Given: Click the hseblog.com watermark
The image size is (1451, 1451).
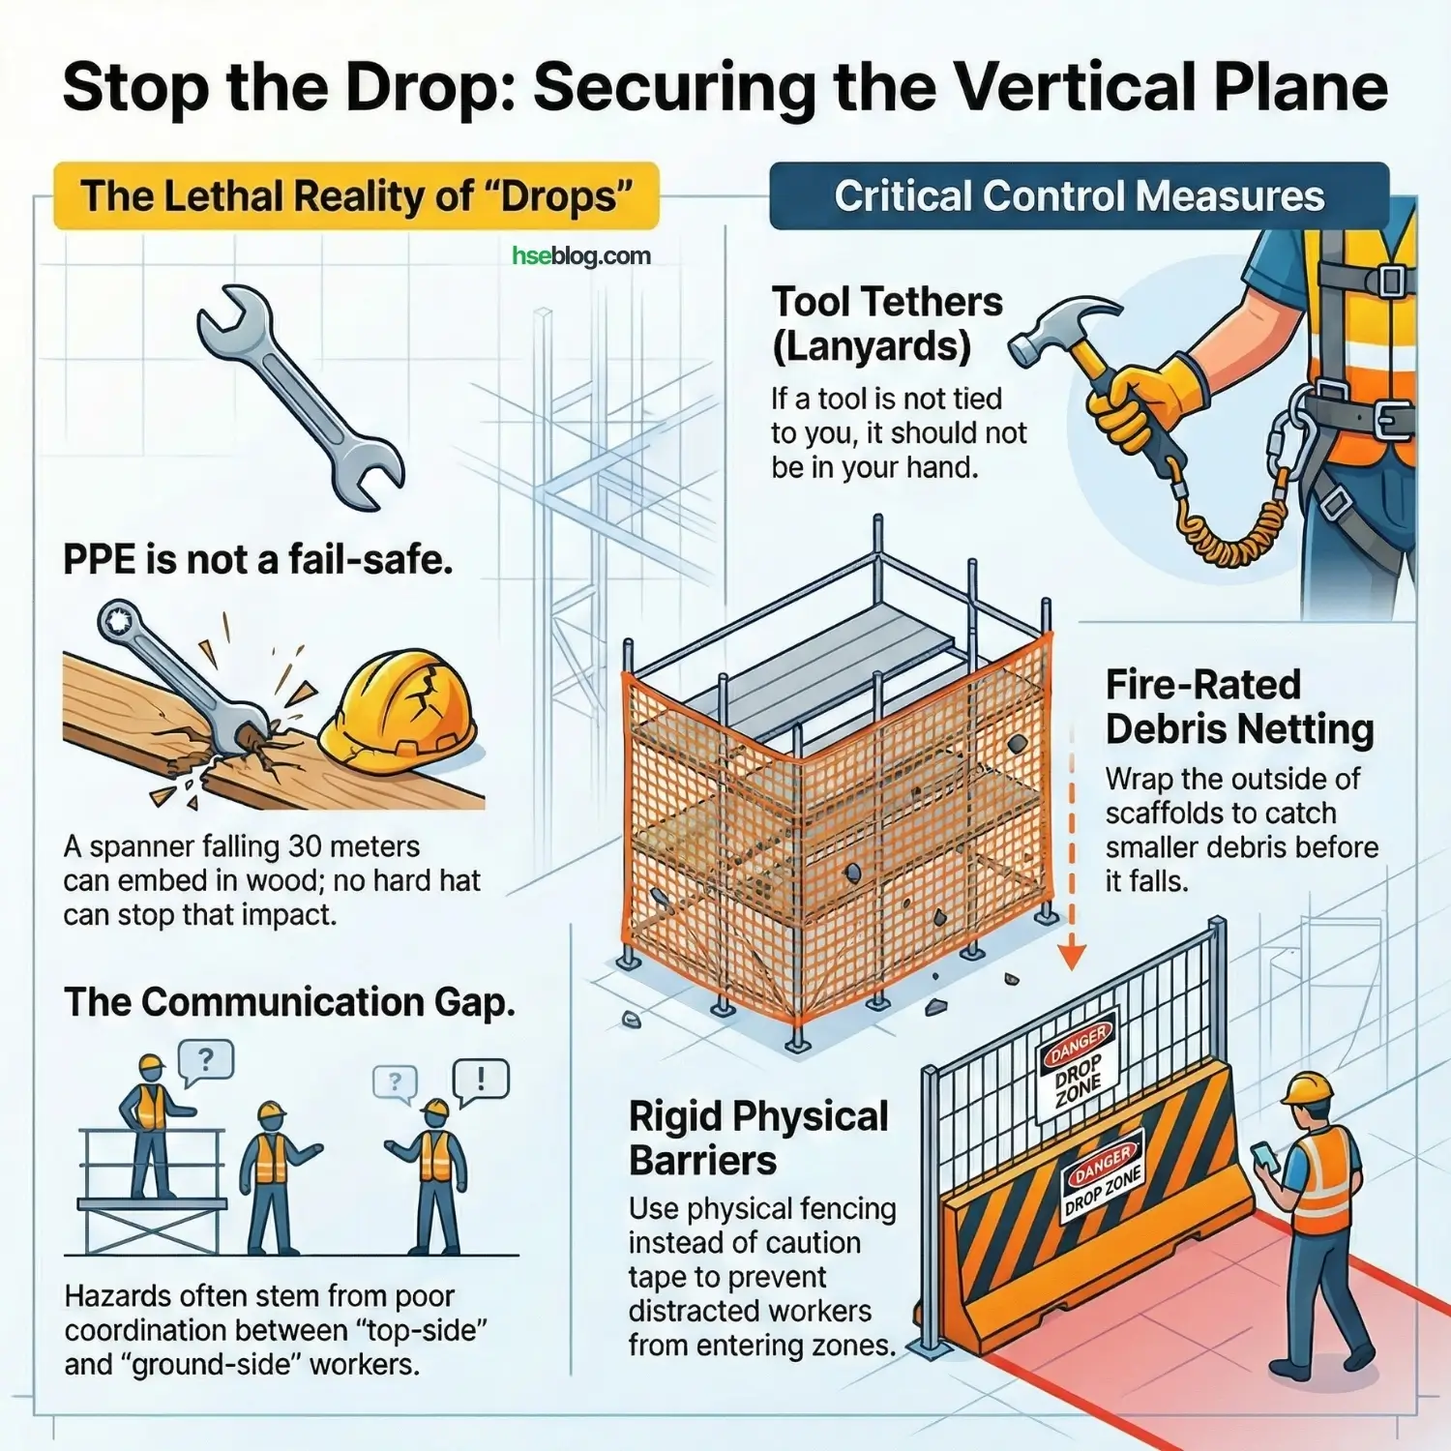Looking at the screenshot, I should tap(580, 256).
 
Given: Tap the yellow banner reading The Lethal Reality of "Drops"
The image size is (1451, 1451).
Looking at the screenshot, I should tap(356, 196).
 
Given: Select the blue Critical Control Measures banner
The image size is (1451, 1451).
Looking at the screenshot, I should tap(1079, 196).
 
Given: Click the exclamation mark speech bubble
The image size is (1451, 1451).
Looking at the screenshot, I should tap(481, 1080).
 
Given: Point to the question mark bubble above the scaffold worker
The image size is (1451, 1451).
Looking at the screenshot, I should tap(205, 1060).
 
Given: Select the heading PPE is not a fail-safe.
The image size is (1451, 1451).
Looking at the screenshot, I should tap(258, 560).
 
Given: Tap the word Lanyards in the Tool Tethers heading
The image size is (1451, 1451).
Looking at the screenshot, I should tap(872, 346).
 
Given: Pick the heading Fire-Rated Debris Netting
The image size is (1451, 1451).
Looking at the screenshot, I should tap(1239, 707).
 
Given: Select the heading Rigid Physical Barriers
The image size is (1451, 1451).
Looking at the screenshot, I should tap(758, 1138).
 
